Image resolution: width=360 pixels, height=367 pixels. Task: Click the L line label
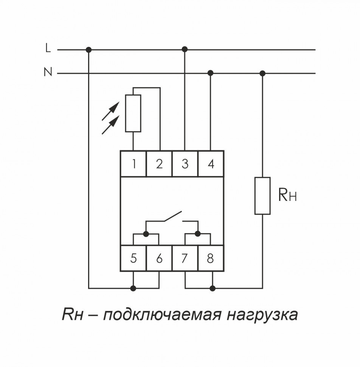pos(47,48)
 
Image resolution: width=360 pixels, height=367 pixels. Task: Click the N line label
pos(48,72)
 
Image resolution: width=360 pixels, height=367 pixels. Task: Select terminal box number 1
pos(133,164)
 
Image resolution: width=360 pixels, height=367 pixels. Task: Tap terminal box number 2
pos(159,164)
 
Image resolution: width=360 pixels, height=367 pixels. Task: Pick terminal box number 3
pos(185,164)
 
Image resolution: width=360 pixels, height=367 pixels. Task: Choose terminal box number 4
pos(211,164)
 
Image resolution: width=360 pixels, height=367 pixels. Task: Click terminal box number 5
pos(133,258)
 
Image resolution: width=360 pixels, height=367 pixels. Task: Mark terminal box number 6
pos(159,258)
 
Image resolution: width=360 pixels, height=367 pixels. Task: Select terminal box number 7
pos(185,258)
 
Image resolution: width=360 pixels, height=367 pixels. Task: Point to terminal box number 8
pos(211,258)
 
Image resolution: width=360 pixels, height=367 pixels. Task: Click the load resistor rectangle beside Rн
pos(262,196)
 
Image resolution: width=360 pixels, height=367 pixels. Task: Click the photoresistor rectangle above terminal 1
pos(133,114)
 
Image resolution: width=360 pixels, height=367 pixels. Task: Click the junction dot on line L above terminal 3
pos(185,49)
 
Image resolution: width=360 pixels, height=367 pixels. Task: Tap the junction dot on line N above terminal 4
pos(211,73)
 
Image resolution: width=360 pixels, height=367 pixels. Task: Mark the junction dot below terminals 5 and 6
pos(133,288)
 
